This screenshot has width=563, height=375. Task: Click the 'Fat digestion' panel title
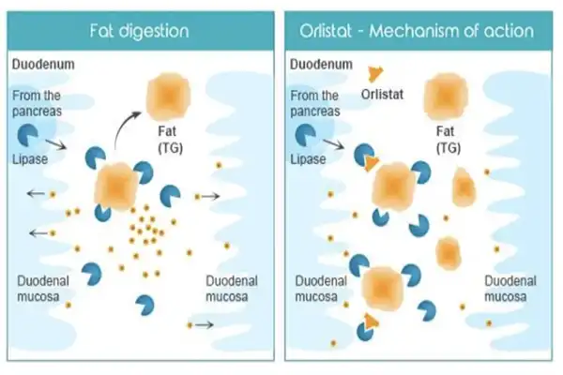point(141,31)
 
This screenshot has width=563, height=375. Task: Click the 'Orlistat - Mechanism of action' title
point(418,31)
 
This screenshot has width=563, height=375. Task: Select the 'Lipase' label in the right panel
point(310,159)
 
